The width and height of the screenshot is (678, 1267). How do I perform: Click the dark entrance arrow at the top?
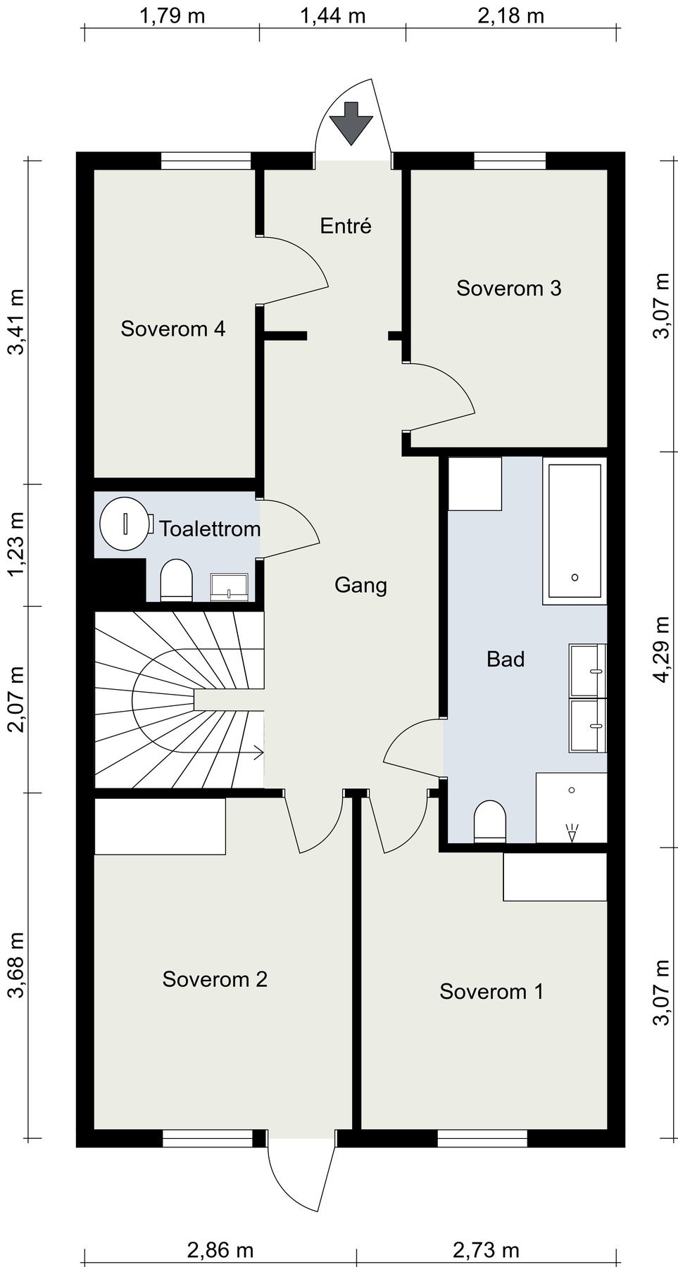(x=352, y=122)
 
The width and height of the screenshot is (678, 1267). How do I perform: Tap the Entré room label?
(x=345, y=226)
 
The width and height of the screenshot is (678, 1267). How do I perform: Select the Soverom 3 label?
(x=509, y=288)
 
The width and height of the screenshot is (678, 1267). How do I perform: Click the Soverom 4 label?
(x=173, y=329)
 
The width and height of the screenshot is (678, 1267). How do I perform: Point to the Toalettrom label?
(x=210, y=529)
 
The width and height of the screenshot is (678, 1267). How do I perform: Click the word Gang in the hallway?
(x=360, y=586)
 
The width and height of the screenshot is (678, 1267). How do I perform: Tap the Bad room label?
(x=506, y=660)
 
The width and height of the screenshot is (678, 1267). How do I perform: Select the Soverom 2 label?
(x=215, y=979)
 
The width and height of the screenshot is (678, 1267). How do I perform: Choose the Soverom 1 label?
(x=491, y=992)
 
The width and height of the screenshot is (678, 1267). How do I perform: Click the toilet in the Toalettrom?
(x=176, y=581)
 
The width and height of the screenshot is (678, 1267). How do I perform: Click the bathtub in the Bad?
(x=575, y=531)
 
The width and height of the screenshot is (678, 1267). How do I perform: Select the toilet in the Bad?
(x=490, y=821)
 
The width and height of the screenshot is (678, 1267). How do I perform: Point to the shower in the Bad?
(x=571, y=807)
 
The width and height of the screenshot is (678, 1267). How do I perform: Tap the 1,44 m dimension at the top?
(x=333, y=15)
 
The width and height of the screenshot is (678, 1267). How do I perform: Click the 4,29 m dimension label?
(x=663, y=649)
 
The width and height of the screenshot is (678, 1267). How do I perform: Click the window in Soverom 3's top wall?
(x=510, y=161)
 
